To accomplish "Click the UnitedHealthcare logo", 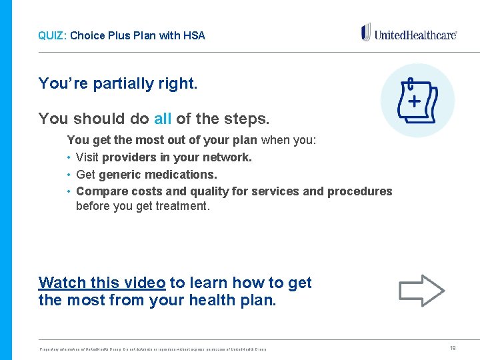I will pyautogui.click(x=409, y=33).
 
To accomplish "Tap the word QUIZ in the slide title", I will pyautogui.click(x=50, y=35).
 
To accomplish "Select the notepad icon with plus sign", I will pyautogui.click(x=417, y=101).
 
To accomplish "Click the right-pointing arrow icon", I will pyautogui.click(x=421, y=290).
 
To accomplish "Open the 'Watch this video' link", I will pyautogui.click(x=102, y=283).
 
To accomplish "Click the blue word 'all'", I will pyautogui.click(x=163, y=119).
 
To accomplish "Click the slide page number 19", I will pyautogui.click(x=453, y=347).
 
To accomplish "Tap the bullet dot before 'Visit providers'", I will pyautogui.click(x=69, y=158).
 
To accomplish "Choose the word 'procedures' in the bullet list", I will pyautogui.click(x=360, y=191).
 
